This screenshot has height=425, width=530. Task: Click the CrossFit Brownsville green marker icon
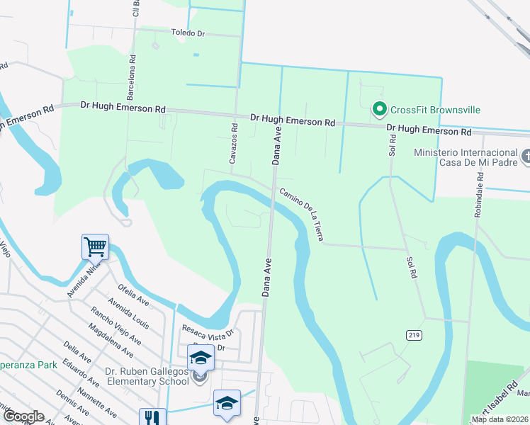point(379,110)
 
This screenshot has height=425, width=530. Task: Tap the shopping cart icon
point(95,246)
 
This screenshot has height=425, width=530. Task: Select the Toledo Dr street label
point(188,33)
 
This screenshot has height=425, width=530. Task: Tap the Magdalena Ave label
point(110,341)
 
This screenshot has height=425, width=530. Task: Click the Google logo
point(23,416)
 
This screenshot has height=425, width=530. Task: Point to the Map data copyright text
point(499,419)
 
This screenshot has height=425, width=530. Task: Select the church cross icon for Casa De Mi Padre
point(525,157)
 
